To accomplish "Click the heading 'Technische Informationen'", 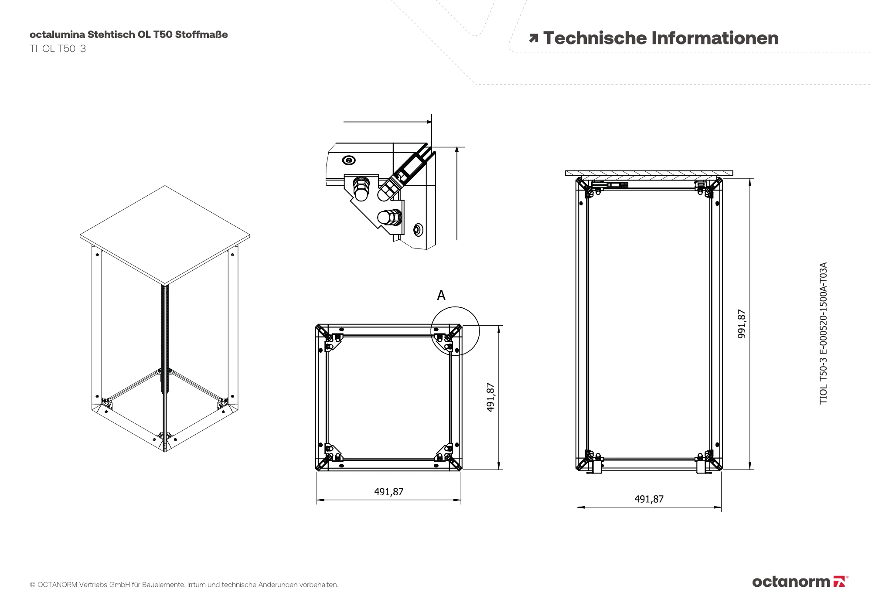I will pyautogui.click(x=661, y=38).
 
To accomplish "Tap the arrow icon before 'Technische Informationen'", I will pyautogui.click(x=533, y=39).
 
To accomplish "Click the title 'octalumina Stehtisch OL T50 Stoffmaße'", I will pyautogui.click(x=129, y=34).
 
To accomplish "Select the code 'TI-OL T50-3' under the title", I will pyautogui.click(x=58, y=49).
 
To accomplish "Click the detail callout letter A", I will pyautogui.click(x=441, y=296).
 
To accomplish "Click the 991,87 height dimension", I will pyautogui.click(x=742, y=324).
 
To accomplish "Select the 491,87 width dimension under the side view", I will pyautogui.click(x=649, y=499).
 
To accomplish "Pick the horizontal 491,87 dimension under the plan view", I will pyautogui.click(x=388, y=492).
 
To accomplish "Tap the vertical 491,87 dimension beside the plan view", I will pyautogui.click(x=491, y=397).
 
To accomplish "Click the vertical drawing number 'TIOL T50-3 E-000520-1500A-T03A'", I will pyautogui.click(x=823, y=333).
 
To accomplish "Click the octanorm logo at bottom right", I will pyautogui.click(x=800, y=582).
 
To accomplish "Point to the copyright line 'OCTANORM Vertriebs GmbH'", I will pyautogui.click(x=184, y=585).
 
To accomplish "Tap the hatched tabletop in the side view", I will pyautogui.click(x=649, y=173).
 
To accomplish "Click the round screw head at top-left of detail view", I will pyautogui.click(x=349, y=160).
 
